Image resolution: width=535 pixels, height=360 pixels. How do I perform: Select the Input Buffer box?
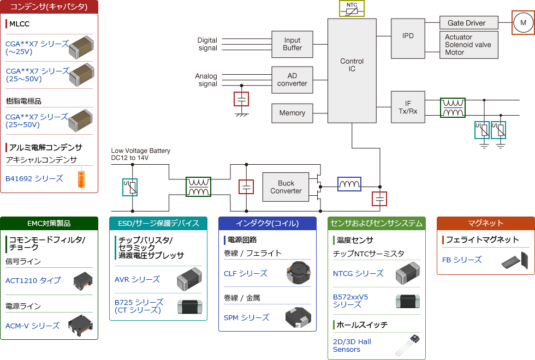click(x=292, y=44)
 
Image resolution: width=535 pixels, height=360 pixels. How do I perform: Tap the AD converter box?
click(x=292, y=80)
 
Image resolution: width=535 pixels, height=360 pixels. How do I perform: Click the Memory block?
click(x=292, y=113)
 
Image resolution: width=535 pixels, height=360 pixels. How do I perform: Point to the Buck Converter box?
click(x=286, y=187)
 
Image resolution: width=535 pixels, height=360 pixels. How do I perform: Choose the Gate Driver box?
click(x=469, y=23)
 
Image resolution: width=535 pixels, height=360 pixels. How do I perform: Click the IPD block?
click(x=408, y=37)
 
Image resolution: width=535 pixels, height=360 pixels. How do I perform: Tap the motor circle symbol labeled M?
click(x=523, y=23)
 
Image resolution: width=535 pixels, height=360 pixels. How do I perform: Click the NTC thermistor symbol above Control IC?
click(x=352, y=9)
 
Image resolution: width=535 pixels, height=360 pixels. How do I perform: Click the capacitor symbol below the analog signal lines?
click(x=241, y=99)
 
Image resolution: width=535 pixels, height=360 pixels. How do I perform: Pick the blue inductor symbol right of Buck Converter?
click(x=349, y=185)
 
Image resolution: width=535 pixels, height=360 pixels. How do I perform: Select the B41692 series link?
click(x=34, y=178)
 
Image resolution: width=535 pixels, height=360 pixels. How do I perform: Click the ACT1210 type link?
click(x=33, y=280)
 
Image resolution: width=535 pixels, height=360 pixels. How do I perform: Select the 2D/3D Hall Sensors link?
click(x=352, y=345)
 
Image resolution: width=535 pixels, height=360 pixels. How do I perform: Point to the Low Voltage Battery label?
click(x=141, y=154)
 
